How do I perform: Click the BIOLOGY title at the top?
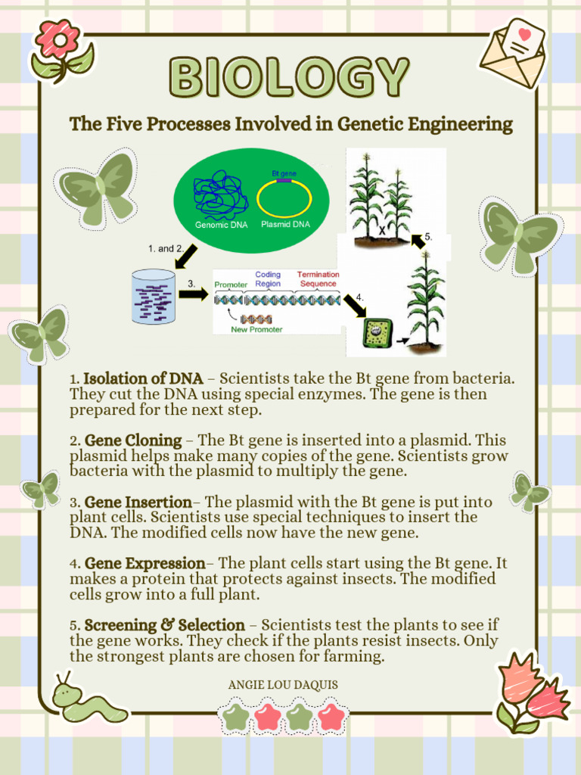(290, 77)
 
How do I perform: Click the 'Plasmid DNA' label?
(285, 225)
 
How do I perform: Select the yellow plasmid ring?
(284, 199)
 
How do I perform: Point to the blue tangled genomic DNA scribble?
(220, 195)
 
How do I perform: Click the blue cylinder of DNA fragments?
(154, 297)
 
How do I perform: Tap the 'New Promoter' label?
(256, 329)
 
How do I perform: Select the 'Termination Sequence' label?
(318, 279)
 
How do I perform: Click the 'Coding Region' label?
(268, 279)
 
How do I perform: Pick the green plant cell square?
(377, 332)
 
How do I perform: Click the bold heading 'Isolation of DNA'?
(143, 378)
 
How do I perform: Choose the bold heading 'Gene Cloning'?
(133, 440)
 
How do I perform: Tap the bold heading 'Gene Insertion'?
(138, 502)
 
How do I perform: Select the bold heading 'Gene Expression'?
(144, 564)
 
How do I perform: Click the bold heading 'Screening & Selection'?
(164, 626)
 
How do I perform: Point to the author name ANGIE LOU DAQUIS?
(283, 685)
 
